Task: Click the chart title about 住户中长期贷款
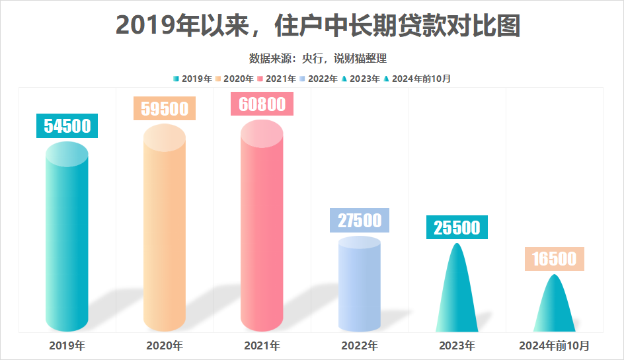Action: (318, 26)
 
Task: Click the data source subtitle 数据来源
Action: (318, 58)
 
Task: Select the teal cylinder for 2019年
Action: (67, 238)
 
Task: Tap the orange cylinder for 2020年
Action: (165, 231)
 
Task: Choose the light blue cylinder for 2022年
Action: (359, 284)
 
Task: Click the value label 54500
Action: (67, 126)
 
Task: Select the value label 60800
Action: (262, 104)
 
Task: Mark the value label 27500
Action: (359, 220)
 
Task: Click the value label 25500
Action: (457, 227)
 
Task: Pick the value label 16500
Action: (554, 258)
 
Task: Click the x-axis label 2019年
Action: (67, 345)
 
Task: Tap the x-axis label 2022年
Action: (359, 345)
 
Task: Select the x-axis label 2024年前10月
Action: (554, 345)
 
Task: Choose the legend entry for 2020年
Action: (235, 79)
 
